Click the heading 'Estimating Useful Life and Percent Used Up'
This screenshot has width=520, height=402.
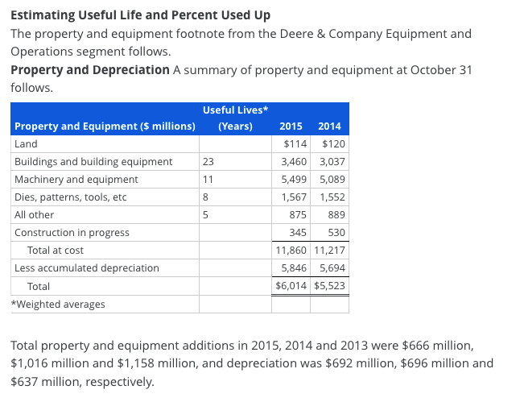pos(140,15)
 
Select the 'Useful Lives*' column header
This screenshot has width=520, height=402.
pos(235,110)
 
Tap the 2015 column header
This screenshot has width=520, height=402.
pos(290,126)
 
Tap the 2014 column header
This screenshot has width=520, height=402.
pos(329,126)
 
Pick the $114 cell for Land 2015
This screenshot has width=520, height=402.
pos(297,144)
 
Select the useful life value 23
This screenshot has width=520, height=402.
pos(208,162)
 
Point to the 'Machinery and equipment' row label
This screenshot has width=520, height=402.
pos(76,180)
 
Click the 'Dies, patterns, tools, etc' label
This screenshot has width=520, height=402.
pos(71,197)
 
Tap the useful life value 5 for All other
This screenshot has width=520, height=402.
pos(206,215)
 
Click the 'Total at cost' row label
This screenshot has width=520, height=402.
pos(56,251)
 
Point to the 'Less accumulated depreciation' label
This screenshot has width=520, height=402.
pos(87,268)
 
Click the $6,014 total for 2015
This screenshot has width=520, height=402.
pos(288,286)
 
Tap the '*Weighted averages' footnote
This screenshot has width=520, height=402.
pos(58,304)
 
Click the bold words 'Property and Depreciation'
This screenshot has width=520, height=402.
pos(90,70)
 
